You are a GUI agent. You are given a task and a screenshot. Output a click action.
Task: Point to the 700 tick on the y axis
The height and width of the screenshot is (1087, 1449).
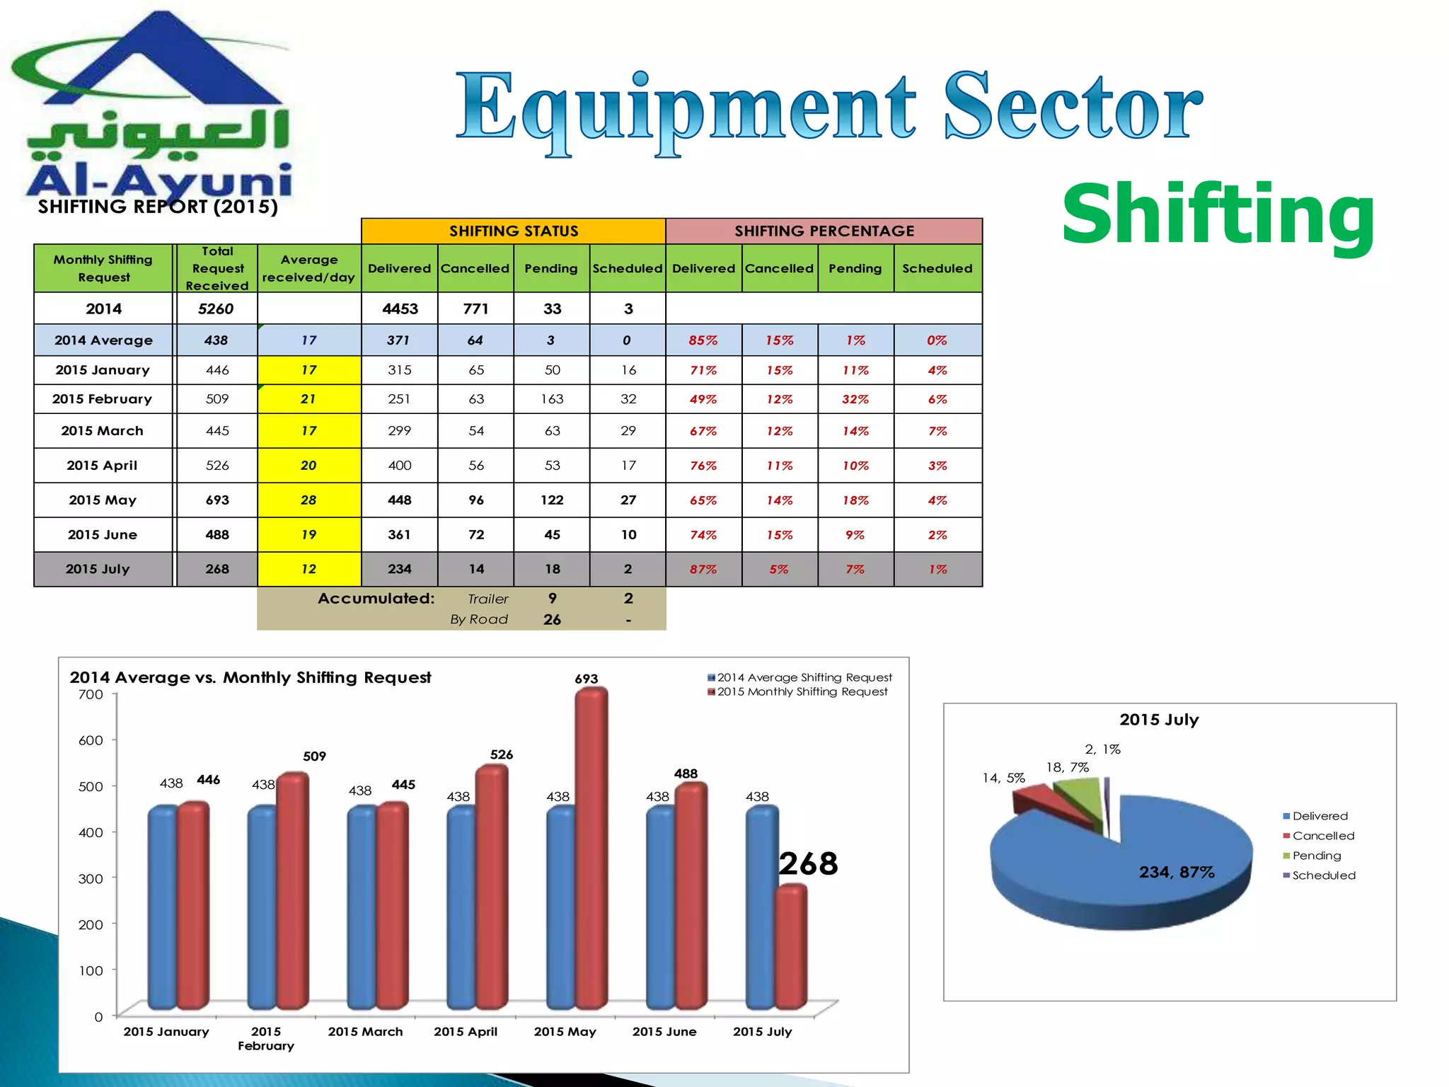[x=91, y=694]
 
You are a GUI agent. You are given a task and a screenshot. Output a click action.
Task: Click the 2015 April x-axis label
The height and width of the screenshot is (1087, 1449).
[x=466, y=1032]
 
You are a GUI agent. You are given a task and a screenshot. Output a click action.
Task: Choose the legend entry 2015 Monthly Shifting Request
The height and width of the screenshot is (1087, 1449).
[x=802, y=692]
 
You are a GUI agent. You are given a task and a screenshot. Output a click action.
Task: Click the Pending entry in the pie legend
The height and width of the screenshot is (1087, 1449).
[x=1316, y=856]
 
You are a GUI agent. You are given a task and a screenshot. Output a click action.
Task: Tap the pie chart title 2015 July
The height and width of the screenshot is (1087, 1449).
[x=1159, y=720]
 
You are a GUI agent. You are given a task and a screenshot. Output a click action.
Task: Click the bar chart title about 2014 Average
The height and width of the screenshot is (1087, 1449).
[x=250, y=677]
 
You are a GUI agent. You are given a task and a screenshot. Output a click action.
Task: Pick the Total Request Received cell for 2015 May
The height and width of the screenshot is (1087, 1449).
[x=217, y=500]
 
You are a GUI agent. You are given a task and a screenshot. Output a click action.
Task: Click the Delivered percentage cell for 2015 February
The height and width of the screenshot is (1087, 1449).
[x=703, y=399]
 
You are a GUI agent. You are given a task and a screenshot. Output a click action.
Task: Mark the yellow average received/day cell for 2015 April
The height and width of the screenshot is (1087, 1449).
[x=309, y=466]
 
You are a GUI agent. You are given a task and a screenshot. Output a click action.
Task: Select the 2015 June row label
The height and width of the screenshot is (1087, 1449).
[x=103, y=535]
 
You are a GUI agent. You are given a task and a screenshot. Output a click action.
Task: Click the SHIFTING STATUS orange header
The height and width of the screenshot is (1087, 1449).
[x=514, y=231]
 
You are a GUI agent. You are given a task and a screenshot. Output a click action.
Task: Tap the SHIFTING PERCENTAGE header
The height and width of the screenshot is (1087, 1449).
[x=824, y=231]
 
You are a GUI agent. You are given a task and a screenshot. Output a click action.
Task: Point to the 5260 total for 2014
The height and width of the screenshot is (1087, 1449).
[x=216, y=309]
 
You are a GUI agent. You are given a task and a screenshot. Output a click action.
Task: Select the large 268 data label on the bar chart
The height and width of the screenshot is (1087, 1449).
[x=808, y=863]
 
